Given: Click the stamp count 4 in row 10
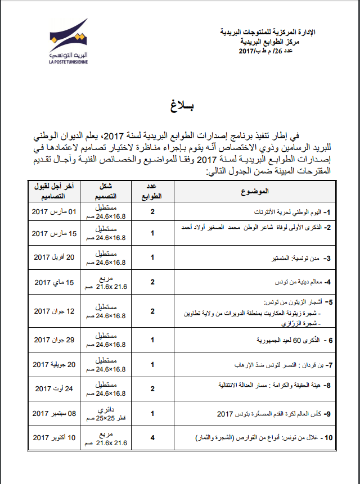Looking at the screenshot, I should (x=152, y=437).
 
